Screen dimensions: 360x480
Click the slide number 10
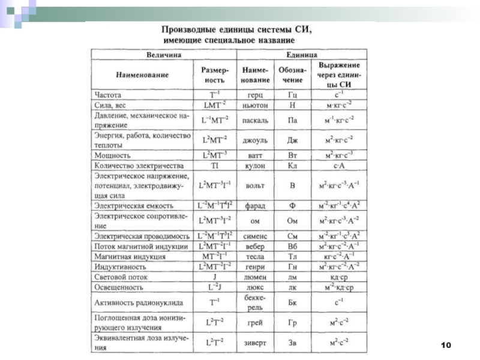[445, 345]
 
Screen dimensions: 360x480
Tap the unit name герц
[254, 95]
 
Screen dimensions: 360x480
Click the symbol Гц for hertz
[292, 95]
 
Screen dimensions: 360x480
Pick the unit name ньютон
[254, 104]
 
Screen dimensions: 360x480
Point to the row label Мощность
[112, 154]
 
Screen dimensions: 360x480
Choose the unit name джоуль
[254, 140]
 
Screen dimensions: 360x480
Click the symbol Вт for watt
[292, 154]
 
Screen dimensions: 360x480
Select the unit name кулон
[254, 164]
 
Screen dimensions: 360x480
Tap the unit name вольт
[254, 185]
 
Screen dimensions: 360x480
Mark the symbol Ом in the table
[292, 220]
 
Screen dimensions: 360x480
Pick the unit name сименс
[254, 236]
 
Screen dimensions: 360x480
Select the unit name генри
[254, 266]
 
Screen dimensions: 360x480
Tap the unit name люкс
[254, 287]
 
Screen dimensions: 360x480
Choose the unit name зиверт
[254, 343]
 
